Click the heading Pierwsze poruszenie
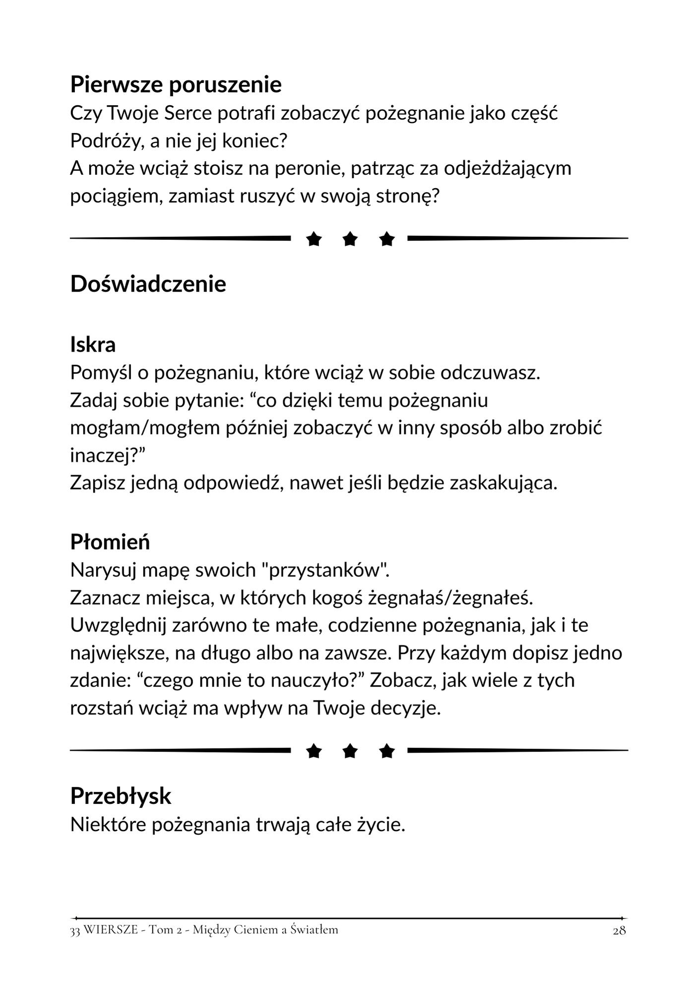pyautogui.click(x=176, y=85)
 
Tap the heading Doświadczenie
pyautogui.click(x=148, y=284)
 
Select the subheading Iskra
pyautogui.click(x=93, y=345)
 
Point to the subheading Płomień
pyautogui.click(x=110, y=542)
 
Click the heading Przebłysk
pyautogui.click(x=121, y=796)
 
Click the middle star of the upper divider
pyautogui.click(x=350, y=239)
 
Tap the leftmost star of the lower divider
pyautogui.click(x=313, y=751)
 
